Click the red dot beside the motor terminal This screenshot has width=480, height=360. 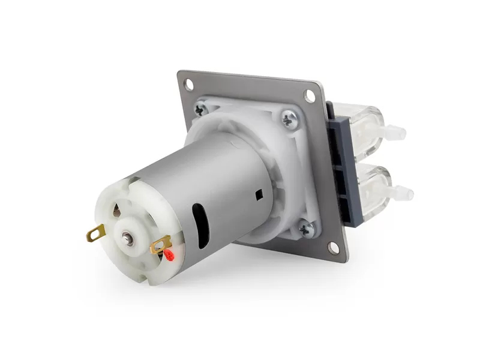170,257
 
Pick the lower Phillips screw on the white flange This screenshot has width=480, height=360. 307,229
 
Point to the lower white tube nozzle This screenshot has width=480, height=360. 404,193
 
